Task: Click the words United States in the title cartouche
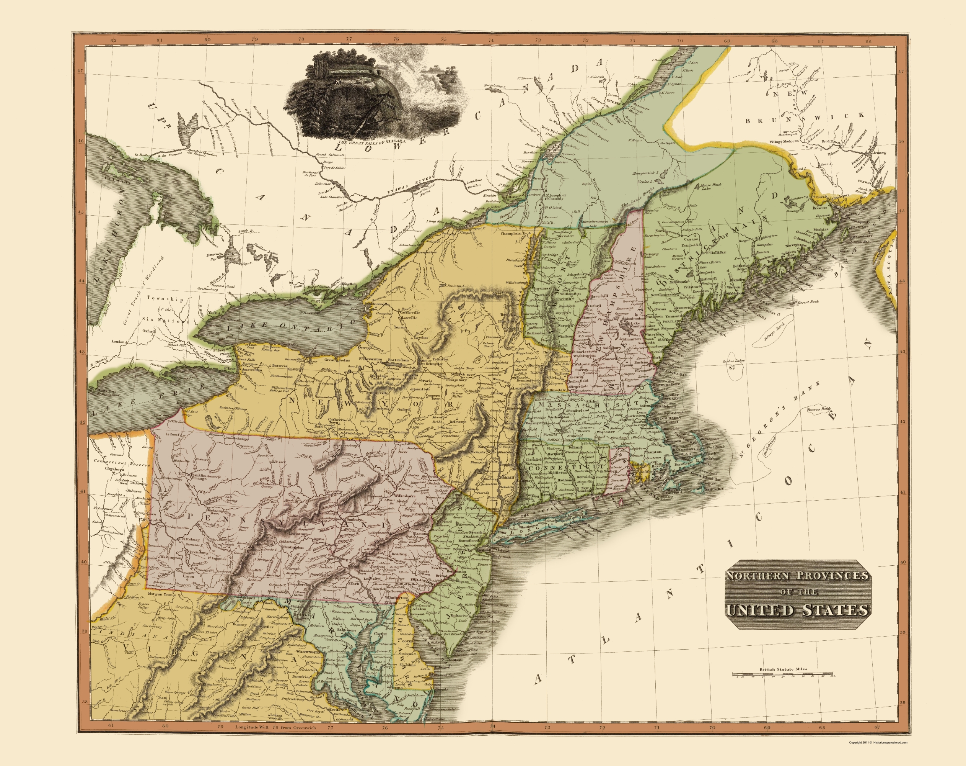click(x=819, y=610)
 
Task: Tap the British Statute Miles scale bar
click(x=782, y=674)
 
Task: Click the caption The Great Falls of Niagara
click(x=371, y=142)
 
